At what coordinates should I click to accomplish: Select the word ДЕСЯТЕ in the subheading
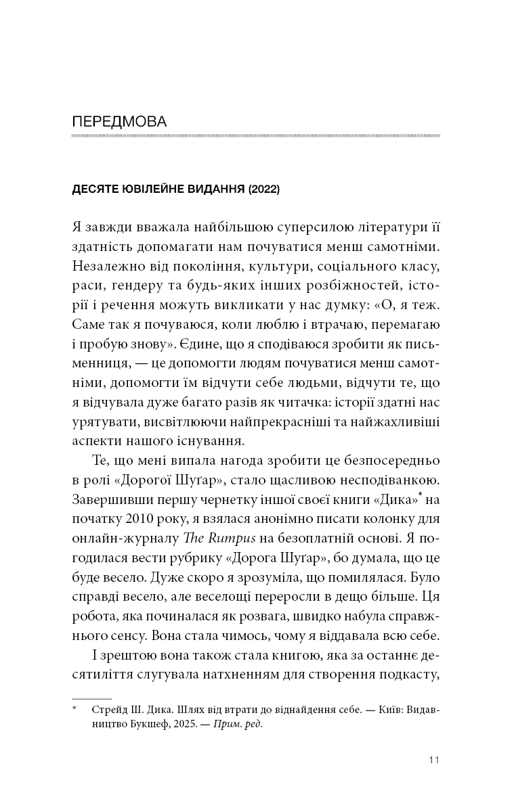pyautogui.click(x=95, y=190)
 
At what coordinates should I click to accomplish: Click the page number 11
pyautogui.click(x=434, y=760)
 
